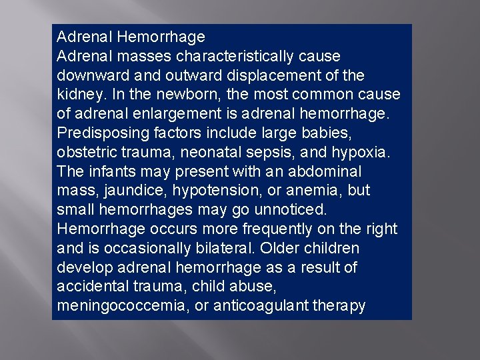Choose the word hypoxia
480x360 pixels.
[363, 152]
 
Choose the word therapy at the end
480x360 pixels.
[339, 306]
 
